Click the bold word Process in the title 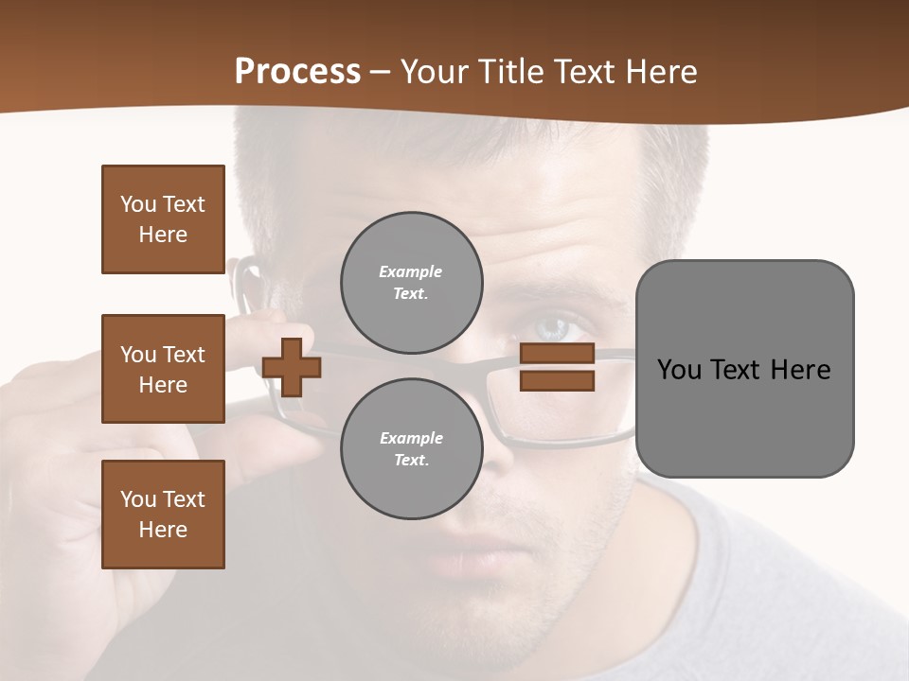tap(297, 72)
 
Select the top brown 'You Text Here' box tap(163, 219)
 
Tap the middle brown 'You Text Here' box tap(163, 369)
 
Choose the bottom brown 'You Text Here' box tap(163, 515)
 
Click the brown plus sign tap(292, 367)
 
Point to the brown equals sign tap(557, 367)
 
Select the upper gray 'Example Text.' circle tap(411, 282)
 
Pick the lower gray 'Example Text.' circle tap(411, 448)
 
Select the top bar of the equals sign tap(557, 354)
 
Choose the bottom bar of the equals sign tap(557, 380)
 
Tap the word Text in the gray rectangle tap(739, 370)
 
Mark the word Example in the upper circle tap(411, 271)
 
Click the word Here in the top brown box tap(163, 235)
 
